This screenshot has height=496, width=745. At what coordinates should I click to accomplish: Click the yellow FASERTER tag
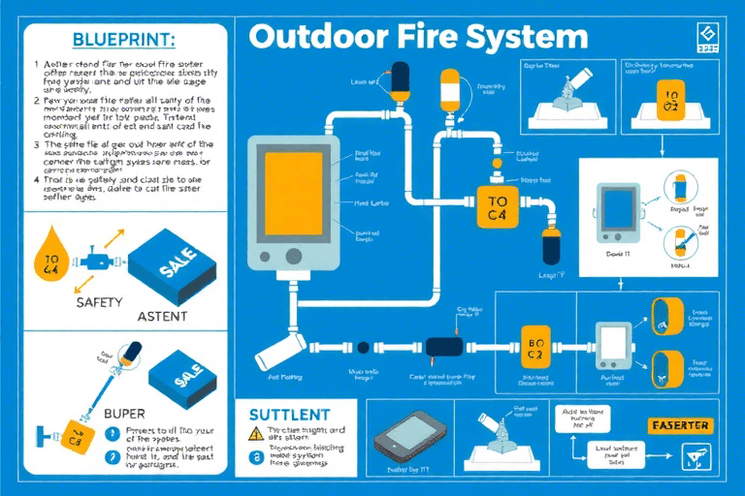[x=680, y=425]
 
